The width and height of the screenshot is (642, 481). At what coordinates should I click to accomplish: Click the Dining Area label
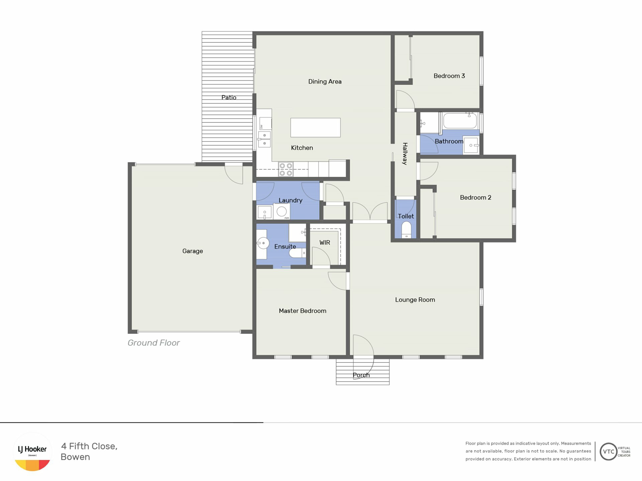325,82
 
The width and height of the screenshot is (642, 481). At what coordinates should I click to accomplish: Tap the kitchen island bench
315,127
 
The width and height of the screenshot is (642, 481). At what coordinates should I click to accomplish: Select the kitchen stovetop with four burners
286,169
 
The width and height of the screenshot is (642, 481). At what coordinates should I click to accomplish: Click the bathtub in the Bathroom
460,121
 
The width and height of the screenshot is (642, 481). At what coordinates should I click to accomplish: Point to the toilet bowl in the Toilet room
406,229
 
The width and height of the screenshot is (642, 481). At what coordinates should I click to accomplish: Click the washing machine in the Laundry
282,211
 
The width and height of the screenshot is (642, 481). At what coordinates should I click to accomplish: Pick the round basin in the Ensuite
263,243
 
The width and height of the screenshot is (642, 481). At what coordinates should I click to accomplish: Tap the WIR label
325,243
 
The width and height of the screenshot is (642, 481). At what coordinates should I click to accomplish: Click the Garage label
193,251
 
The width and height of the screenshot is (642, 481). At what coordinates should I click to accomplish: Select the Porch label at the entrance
361,375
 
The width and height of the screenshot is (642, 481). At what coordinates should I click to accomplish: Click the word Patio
229,98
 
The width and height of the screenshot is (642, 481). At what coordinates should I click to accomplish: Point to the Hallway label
405,154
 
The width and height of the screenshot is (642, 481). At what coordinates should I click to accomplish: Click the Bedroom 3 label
449,76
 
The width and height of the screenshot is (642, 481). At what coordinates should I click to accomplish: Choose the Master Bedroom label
303,311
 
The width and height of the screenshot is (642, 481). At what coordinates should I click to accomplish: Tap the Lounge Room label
415,300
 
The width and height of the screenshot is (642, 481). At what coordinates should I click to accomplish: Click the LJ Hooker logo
32,452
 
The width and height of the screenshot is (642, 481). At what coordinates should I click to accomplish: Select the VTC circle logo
609,452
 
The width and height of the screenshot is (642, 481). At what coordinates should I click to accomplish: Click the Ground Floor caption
153,343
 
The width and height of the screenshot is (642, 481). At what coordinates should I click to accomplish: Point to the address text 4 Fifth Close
89,446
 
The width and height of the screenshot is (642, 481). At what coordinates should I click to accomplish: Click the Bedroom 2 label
475,197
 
